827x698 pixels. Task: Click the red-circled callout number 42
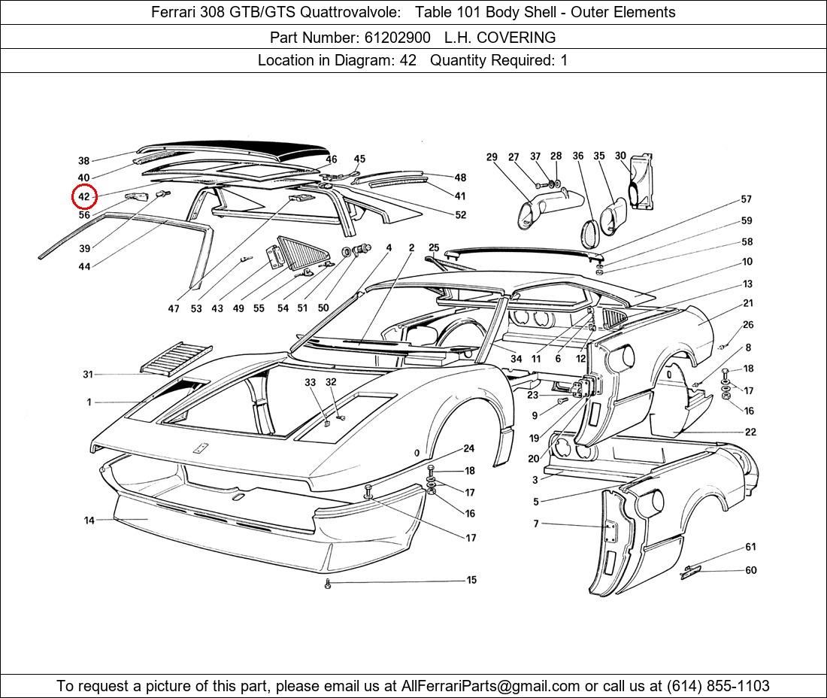tap(84, 197)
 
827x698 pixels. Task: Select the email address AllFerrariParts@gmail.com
tap(490, 686)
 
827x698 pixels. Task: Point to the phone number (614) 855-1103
tap(718, 686)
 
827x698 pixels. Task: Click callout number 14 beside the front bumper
tap(89, 520)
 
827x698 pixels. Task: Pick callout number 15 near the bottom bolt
tap(471, 580)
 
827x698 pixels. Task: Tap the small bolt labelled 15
tap(328, 584)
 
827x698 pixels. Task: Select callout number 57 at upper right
tap(747, 199)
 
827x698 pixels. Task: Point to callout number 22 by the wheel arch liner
tap(750, 432)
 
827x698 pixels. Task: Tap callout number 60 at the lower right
tap(751, 570)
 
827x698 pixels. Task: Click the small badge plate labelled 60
tap(690, 572)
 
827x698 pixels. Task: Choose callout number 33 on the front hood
tap(310, 382)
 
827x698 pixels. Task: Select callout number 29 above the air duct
tap(492, 156)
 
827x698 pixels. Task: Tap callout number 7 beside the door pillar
tap(536, 523)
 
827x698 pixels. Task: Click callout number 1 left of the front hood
tap(89, 402)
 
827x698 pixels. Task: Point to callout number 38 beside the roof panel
tap(84, 160)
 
